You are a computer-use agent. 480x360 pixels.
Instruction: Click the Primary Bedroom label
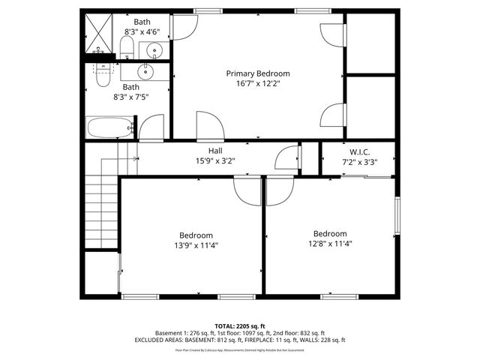pos(258,73)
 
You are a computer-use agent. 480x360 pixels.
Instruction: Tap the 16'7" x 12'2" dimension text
pos(258,84)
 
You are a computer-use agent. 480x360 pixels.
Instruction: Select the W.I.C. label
pos(359,151)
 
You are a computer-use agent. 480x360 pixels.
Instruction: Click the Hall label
pos(215,151)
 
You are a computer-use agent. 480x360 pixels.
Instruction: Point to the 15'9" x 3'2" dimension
pos(215,160)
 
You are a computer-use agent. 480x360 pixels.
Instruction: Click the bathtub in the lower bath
pos(109,128)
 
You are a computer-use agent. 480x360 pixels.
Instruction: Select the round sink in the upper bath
pos(154,51)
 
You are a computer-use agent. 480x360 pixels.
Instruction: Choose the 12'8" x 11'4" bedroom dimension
pos(330,243)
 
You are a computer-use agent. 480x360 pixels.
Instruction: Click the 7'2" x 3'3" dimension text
pos(359,161)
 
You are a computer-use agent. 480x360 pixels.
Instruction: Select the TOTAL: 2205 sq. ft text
pos(239,325)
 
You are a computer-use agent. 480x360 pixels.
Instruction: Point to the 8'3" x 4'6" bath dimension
pos(142,32)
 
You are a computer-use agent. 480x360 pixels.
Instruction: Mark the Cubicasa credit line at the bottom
pos(239,349)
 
